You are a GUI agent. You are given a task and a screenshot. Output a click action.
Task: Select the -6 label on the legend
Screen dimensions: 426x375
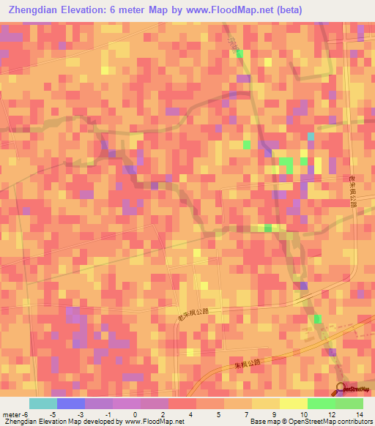25,414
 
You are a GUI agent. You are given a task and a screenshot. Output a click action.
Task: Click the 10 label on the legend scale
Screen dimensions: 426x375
303,414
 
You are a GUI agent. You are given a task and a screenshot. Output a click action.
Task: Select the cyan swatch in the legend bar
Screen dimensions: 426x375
42,403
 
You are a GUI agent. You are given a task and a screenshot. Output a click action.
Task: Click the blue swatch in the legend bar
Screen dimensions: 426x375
70,403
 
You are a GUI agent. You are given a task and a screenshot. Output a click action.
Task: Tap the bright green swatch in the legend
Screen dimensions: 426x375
321,403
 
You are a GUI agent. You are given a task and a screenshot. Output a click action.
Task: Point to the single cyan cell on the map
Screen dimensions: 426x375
311,136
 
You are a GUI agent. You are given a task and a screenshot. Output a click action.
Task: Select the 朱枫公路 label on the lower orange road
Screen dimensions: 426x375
248,363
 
